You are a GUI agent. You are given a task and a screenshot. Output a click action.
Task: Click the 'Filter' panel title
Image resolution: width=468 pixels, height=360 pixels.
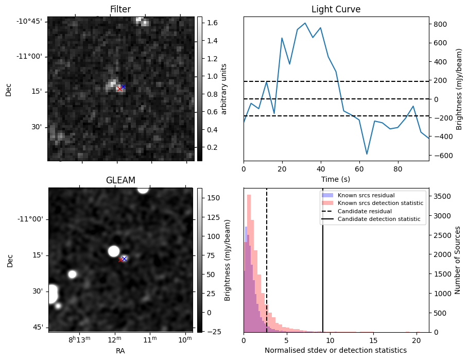coord(120,9)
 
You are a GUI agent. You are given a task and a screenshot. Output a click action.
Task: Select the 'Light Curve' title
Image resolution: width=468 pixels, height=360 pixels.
coord(336,9)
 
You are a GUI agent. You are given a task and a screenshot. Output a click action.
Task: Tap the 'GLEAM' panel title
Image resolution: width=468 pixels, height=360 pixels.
coord(120,180)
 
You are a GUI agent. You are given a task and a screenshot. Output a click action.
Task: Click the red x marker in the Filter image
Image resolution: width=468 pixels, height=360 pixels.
coord(119,89)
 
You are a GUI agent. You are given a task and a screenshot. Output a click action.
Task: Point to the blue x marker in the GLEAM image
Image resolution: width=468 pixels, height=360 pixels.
coord(124,259)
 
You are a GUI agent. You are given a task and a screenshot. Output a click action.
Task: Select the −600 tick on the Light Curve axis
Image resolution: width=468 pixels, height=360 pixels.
coord(440,156)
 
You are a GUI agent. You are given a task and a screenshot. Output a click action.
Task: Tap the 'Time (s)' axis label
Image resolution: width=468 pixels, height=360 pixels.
coord(336,179)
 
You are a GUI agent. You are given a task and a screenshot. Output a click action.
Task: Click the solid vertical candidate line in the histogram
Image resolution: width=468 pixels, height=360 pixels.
coord(323,268)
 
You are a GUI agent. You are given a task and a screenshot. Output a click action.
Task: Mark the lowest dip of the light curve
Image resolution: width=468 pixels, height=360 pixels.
coord(367,154)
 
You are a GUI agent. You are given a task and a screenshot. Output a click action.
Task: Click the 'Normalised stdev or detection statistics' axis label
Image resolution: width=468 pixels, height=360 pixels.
coord(336,350)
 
